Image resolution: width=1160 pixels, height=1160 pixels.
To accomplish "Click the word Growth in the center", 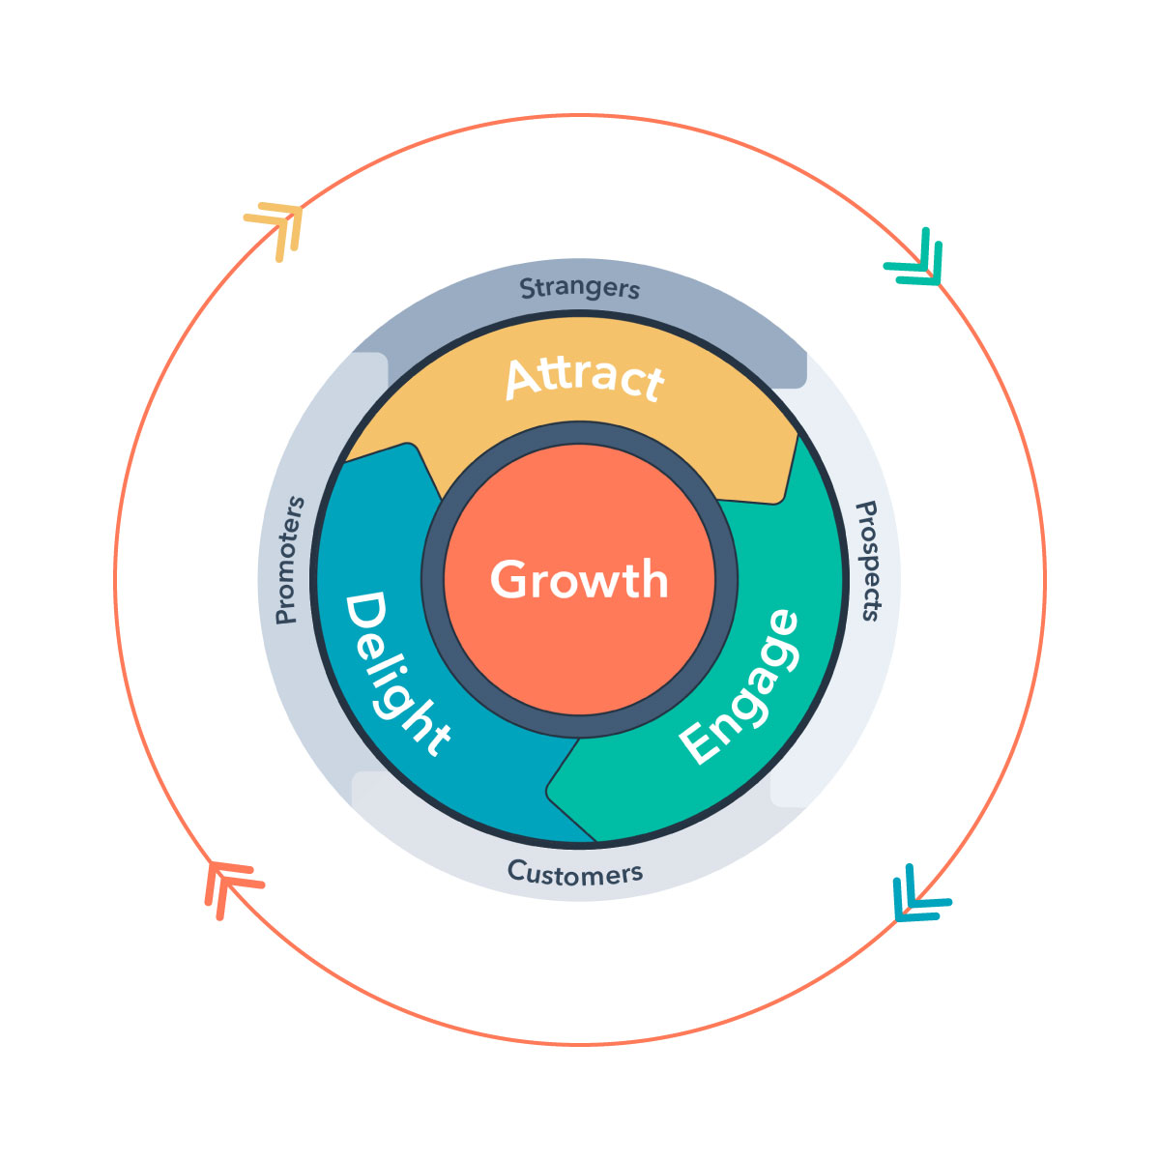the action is [579, 579].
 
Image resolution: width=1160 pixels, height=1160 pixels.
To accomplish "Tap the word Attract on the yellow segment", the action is [585, 379].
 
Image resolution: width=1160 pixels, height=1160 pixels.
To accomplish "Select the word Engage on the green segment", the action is [739, 687].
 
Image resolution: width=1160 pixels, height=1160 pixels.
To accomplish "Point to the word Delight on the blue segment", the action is [397, 674].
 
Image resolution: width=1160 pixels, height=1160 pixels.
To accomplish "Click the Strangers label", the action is [580, 288].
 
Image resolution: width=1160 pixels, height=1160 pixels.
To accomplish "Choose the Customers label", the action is [575, 872].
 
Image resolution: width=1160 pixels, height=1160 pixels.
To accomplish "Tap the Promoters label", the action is [290, 560].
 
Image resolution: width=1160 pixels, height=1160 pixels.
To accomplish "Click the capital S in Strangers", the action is [528, 288].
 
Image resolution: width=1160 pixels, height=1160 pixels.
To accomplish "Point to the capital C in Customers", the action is [518, 869].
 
